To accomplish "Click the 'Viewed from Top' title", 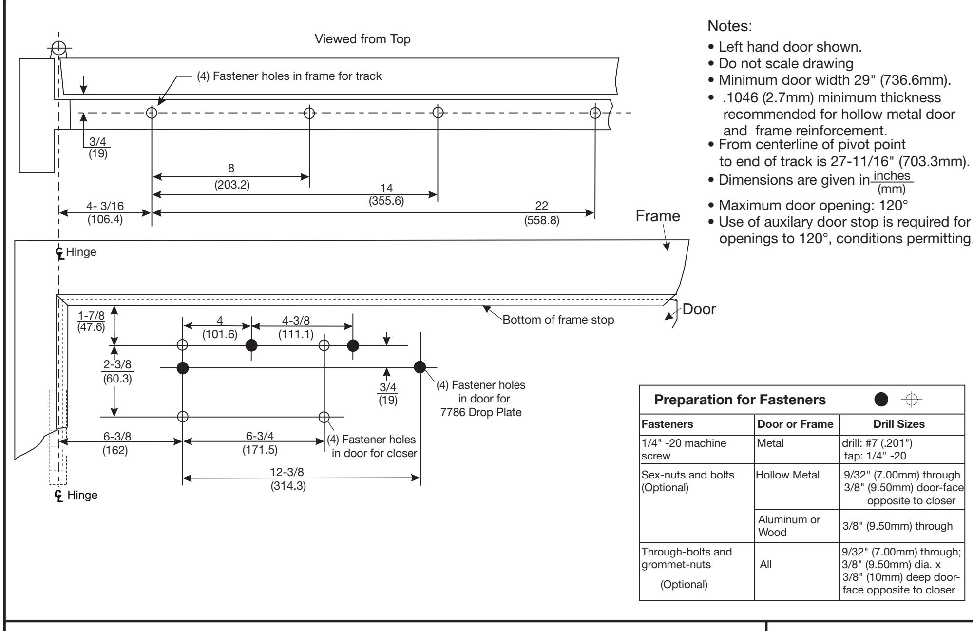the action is pos(363,39).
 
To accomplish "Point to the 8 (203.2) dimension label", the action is pos(231,175).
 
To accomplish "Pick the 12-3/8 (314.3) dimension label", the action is pos(288,478).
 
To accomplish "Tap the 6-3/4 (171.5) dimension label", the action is pos(260,442).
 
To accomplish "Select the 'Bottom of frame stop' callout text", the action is pos(558,320).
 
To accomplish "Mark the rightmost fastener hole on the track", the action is pos(595,113).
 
